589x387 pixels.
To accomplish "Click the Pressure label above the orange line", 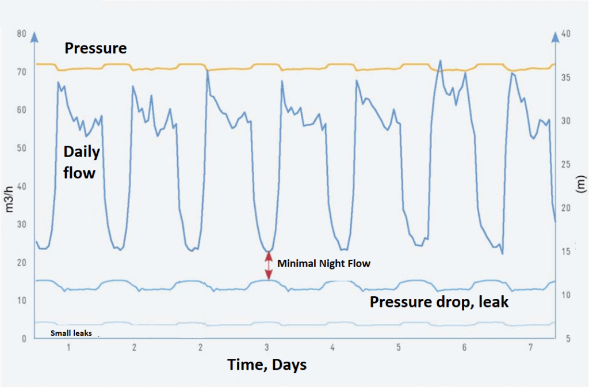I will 95,48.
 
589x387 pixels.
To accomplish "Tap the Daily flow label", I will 81,162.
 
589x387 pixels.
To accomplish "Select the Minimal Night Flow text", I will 324,264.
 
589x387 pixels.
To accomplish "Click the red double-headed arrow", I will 268,265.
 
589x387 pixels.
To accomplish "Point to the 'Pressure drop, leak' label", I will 439,301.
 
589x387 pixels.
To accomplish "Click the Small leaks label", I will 71,333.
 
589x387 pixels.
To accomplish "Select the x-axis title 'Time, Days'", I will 267,365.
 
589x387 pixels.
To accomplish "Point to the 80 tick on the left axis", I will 21,34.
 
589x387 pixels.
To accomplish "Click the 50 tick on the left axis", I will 21,148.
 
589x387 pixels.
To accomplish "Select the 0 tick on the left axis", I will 24,339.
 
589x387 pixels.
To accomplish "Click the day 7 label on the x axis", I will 530,348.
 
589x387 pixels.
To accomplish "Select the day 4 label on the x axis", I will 332,348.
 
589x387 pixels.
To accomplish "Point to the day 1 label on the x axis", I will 68,348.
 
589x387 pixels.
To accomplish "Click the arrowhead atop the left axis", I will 35,37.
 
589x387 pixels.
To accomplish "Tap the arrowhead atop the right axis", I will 556,37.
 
